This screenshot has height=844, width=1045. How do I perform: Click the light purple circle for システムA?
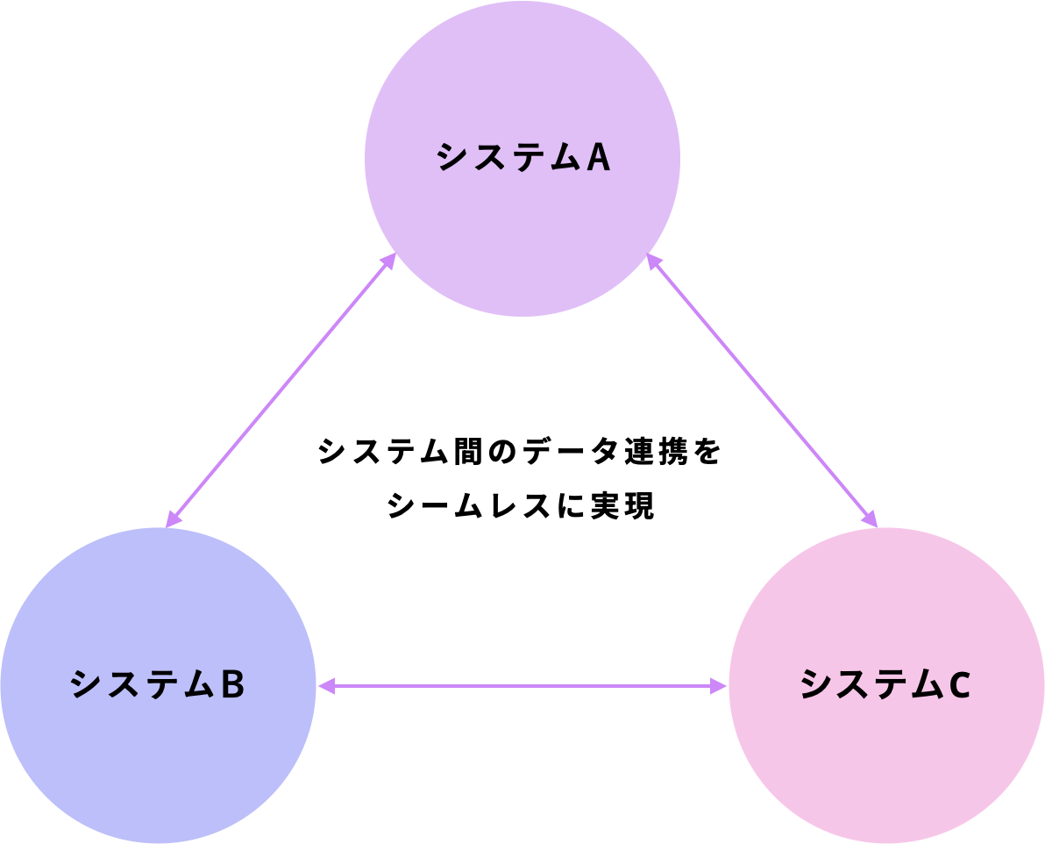pos(522,228)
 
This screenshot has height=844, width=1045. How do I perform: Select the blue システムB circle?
pos(158,755)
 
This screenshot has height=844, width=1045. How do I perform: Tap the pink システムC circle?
pos(886,755)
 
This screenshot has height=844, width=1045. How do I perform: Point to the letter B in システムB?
pos(231,685)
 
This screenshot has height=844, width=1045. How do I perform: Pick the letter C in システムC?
pos(958,685)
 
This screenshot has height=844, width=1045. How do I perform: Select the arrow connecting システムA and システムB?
pos(281,391)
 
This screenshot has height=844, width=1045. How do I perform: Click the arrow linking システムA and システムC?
pos(763,391)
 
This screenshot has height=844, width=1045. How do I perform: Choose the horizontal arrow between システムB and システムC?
pos(522,686)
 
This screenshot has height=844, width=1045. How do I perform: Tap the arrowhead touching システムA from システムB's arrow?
pos(387,261)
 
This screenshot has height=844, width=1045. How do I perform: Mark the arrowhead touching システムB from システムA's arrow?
pos(174,519)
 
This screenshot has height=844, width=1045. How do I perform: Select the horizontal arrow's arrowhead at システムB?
pos(325,686)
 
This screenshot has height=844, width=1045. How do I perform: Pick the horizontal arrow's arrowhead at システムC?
pos(720,686)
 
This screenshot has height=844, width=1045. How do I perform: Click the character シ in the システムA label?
pos(451,158)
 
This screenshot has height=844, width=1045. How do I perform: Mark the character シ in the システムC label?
pos(815,685)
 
